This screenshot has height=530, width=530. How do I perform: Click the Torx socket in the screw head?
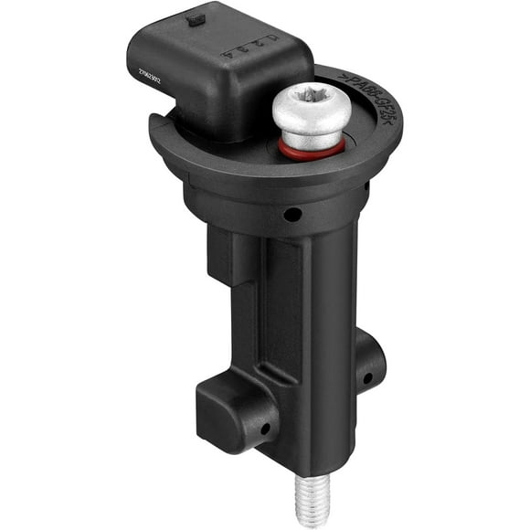pyautogui.click(x=313, y=98)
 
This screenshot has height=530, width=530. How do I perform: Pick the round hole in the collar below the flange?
pyautogui.click(x=292, y=216)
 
